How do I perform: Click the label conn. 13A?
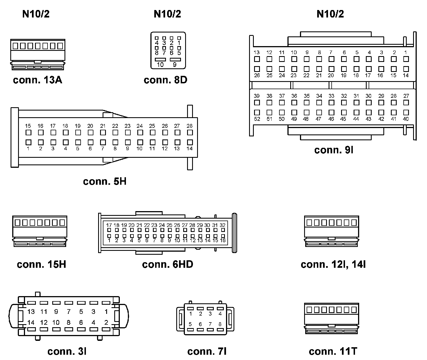click(x=38, y=80)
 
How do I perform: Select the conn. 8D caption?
click(x=165, y=80)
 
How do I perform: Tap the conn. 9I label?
click(x=334, y=150)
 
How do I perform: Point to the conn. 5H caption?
click(x=105, y=181)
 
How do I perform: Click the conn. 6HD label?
click(x=167, y=264)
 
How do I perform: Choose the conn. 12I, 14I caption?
click(x=333, y=264)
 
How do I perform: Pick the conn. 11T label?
click(x=333, y=351)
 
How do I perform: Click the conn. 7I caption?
click(x=207, y=351)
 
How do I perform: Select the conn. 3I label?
click(x=67, y=351)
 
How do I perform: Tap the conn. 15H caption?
click(x=41, y=264)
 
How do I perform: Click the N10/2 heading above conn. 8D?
click(x=167, y=14)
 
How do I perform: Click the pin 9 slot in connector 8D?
click(x=175, y=59)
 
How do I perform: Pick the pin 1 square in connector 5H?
click(x=28, y=142)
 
